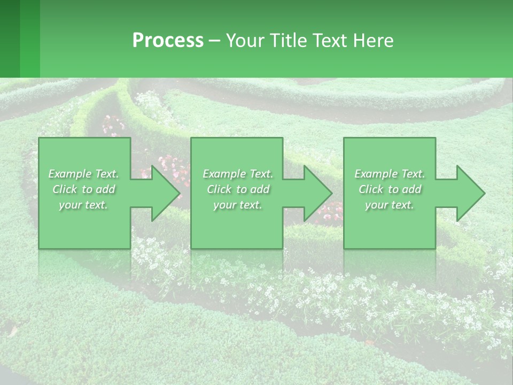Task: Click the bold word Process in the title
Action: point(168,41)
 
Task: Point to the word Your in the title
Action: point(245,41)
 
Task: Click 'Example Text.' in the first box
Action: point(83,174)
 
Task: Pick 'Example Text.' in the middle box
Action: point(238,174)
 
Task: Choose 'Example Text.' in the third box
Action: point(390,174)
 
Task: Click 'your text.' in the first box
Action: point(83,205)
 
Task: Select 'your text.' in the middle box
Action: point(238,205)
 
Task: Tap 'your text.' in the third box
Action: point(390,205)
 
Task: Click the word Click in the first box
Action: point(65,189)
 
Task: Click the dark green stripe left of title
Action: point(10,38)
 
